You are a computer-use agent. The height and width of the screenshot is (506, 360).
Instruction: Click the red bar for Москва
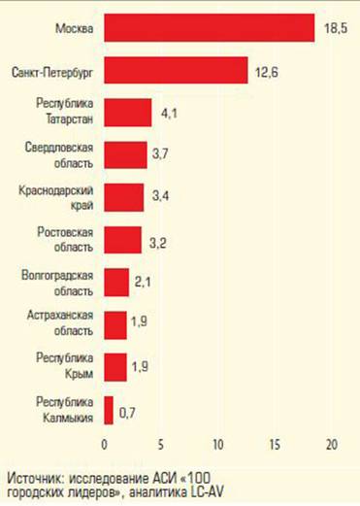click(209, 28)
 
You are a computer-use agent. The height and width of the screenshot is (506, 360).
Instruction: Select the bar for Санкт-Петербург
click(175, 70)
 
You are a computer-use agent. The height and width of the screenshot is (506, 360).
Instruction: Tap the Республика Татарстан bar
click(127, 112)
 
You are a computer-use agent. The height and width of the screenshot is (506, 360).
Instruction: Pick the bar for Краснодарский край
click(123, 196)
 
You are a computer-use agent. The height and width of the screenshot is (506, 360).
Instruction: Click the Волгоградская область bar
click(116, 282)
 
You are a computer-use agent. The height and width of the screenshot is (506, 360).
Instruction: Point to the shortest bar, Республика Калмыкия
click(109, 409)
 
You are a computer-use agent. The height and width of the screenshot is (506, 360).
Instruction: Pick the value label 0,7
click(126, 414)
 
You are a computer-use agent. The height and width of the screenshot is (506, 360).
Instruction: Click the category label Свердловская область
click(64, 153)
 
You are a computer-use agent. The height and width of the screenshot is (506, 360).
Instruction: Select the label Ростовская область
click(64, 239)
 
